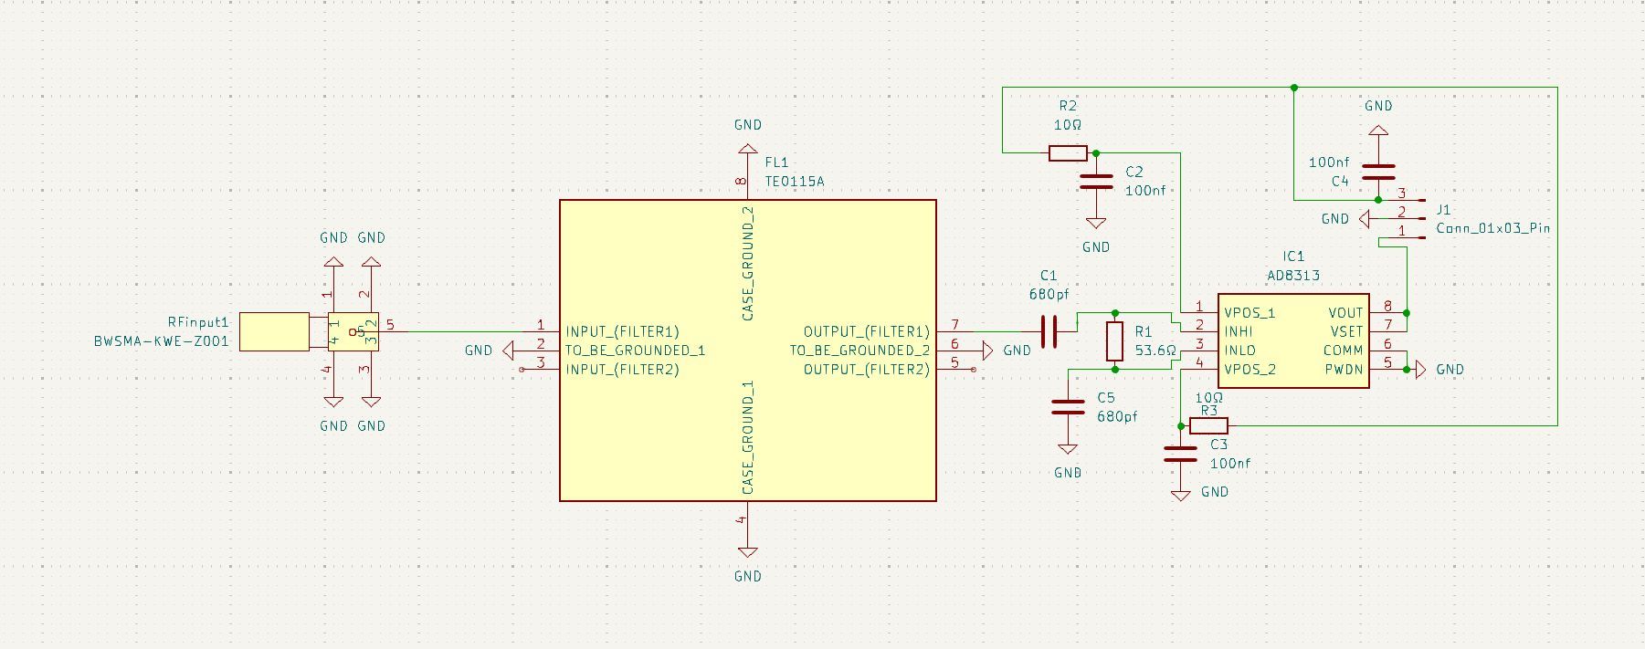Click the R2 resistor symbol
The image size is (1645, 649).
pos(1068,153)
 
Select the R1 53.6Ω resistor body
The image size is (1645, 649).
pos(1114,341)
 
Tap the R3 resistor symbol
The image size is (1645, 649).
pos(1208,425)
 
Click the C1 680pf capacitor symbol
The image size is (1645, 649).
pos(1049,331)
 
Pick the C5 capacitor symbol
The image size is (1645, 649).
pos(1068,406)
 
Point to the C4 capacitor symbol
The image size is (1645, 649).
pos(1378,172)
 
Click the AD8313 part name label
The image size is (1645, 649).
pos(1292,275)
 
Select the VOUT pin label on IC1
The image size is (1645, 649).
pos(1345,313)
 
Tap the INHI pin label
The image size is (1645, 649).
pos(1239,331)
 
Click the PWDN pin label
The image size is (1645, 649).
pos(1344,370)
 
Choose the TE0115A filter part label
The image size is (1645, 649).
pos(794,181)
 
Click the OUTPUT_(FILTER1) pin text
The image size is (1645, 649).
pos(866,331)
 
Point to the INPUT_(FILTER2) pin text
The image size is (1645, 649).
pos(622,370)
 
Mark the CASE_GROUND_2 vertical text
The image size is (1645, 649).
pos(748,263)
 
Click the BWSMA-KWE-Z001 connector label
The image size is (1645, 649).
pos(161,341)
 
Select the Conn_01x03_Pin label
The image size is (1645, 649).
pos(1492,228)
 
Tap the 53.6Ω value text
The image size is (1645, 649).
pos(1155,351)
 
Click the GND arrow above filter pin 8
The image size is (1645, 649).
pos(747,148)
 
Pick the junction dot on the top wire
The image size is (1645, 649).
pos(1294,88)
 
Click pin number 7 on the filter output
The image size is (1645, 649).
pos(954,325)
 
